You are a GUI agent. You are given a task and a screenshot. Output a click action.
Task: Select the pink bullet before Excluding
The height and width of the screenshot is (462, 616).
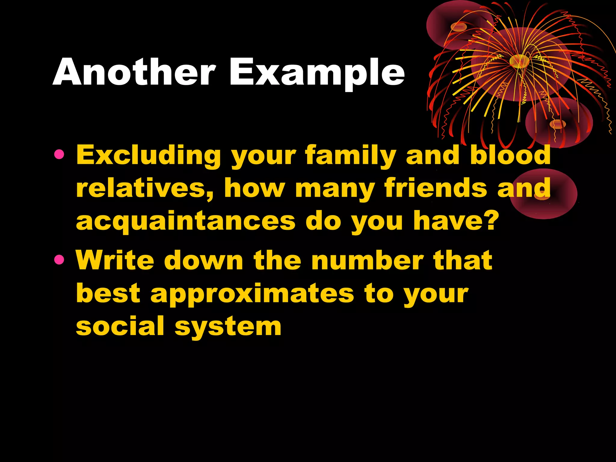tap(59, 155)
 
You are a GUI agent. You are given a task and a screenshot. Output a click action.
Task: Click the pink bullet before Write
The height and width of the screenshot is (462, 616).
tap(59, 259)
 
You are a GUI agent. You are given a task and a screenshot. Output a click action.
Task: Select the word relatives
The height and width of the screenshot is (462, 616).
tap(145, 188)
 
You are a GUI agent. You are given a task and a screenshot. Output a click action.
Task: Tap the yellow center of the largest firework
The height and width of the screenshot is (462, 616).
tap(519, 61)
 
